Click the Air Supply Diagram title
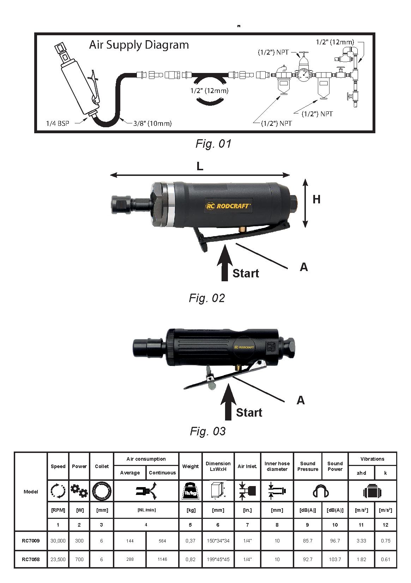coord(139,45)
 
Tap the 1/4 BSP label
coord(57,123)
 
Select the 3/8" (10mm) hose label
coord(152,123)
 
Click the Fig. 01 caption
coord(213,144)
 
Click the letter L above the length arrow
coord(200,166)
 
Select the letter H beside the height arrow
coord(316,200)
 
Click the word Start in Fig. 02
coord(246,273)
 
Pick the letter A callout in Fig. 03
coord(301,400)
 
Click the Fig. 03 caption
coord(207,431)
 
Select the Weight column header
coord(191,466)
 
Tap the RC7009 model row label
coord(31,540)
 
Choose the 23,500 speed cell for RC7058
coord(58,559)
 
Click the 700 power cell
coord(79,559)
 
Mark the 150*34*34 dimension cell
coord(218,540)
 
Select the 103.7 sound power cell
coord(335,559)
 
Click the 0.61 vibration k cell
coord(385,559)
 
